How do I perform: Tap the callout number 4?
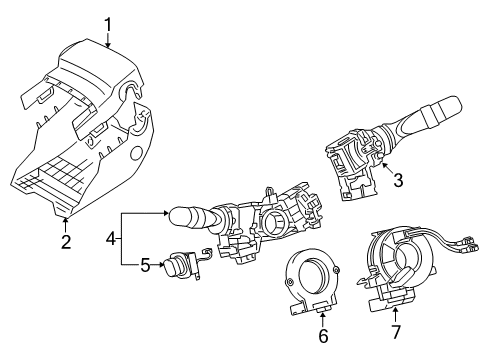click(x=112, y=239)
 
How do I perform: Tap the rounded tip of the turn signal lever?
click(x=177, y=213)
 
